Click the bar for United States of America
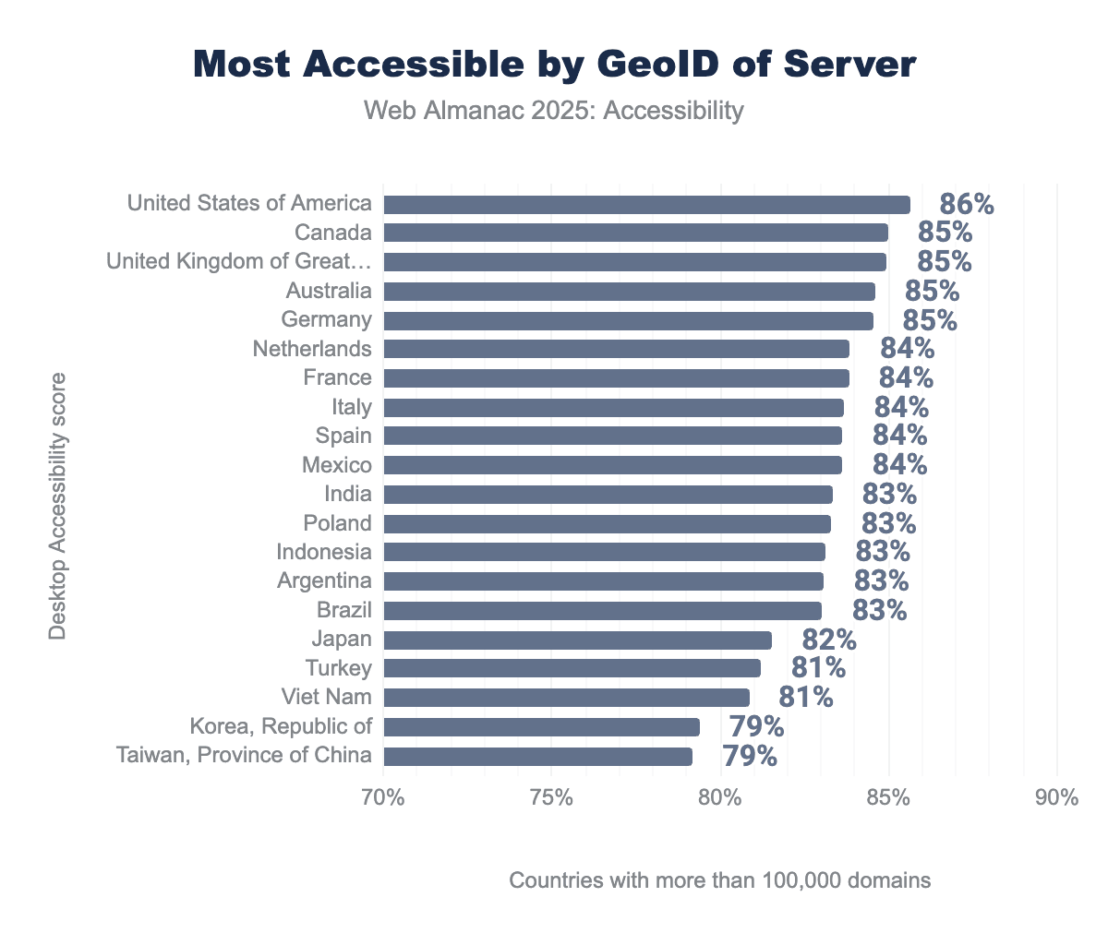click(646, 205)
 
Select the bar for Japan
click(577, 640)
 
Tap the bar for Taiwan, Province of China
click(537, 757)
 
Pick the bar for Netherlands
click(616, 349)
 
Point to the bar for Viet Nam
click(566, 698)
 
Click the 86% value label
click(966, 204)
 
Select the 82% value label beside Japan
click(828, 640)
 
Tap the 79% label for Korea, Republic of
click(756, 727)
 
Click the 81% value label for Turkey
click(817, 668)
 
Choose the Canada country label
click(333, 233)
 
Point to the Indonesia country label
click(324, 552)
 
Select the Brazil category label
click(343, 610)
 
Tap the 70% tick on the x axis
click(383, 797)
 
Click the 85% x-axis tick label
click(888, 797)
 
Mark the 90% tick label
click(1056, 797)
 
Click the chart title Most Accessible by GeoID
click(554, 65)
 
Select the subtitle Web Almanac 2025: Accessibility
click(554, 111)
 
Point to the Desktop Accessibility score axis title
click(57, 506)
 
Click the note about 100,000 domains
click(719, 880)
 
